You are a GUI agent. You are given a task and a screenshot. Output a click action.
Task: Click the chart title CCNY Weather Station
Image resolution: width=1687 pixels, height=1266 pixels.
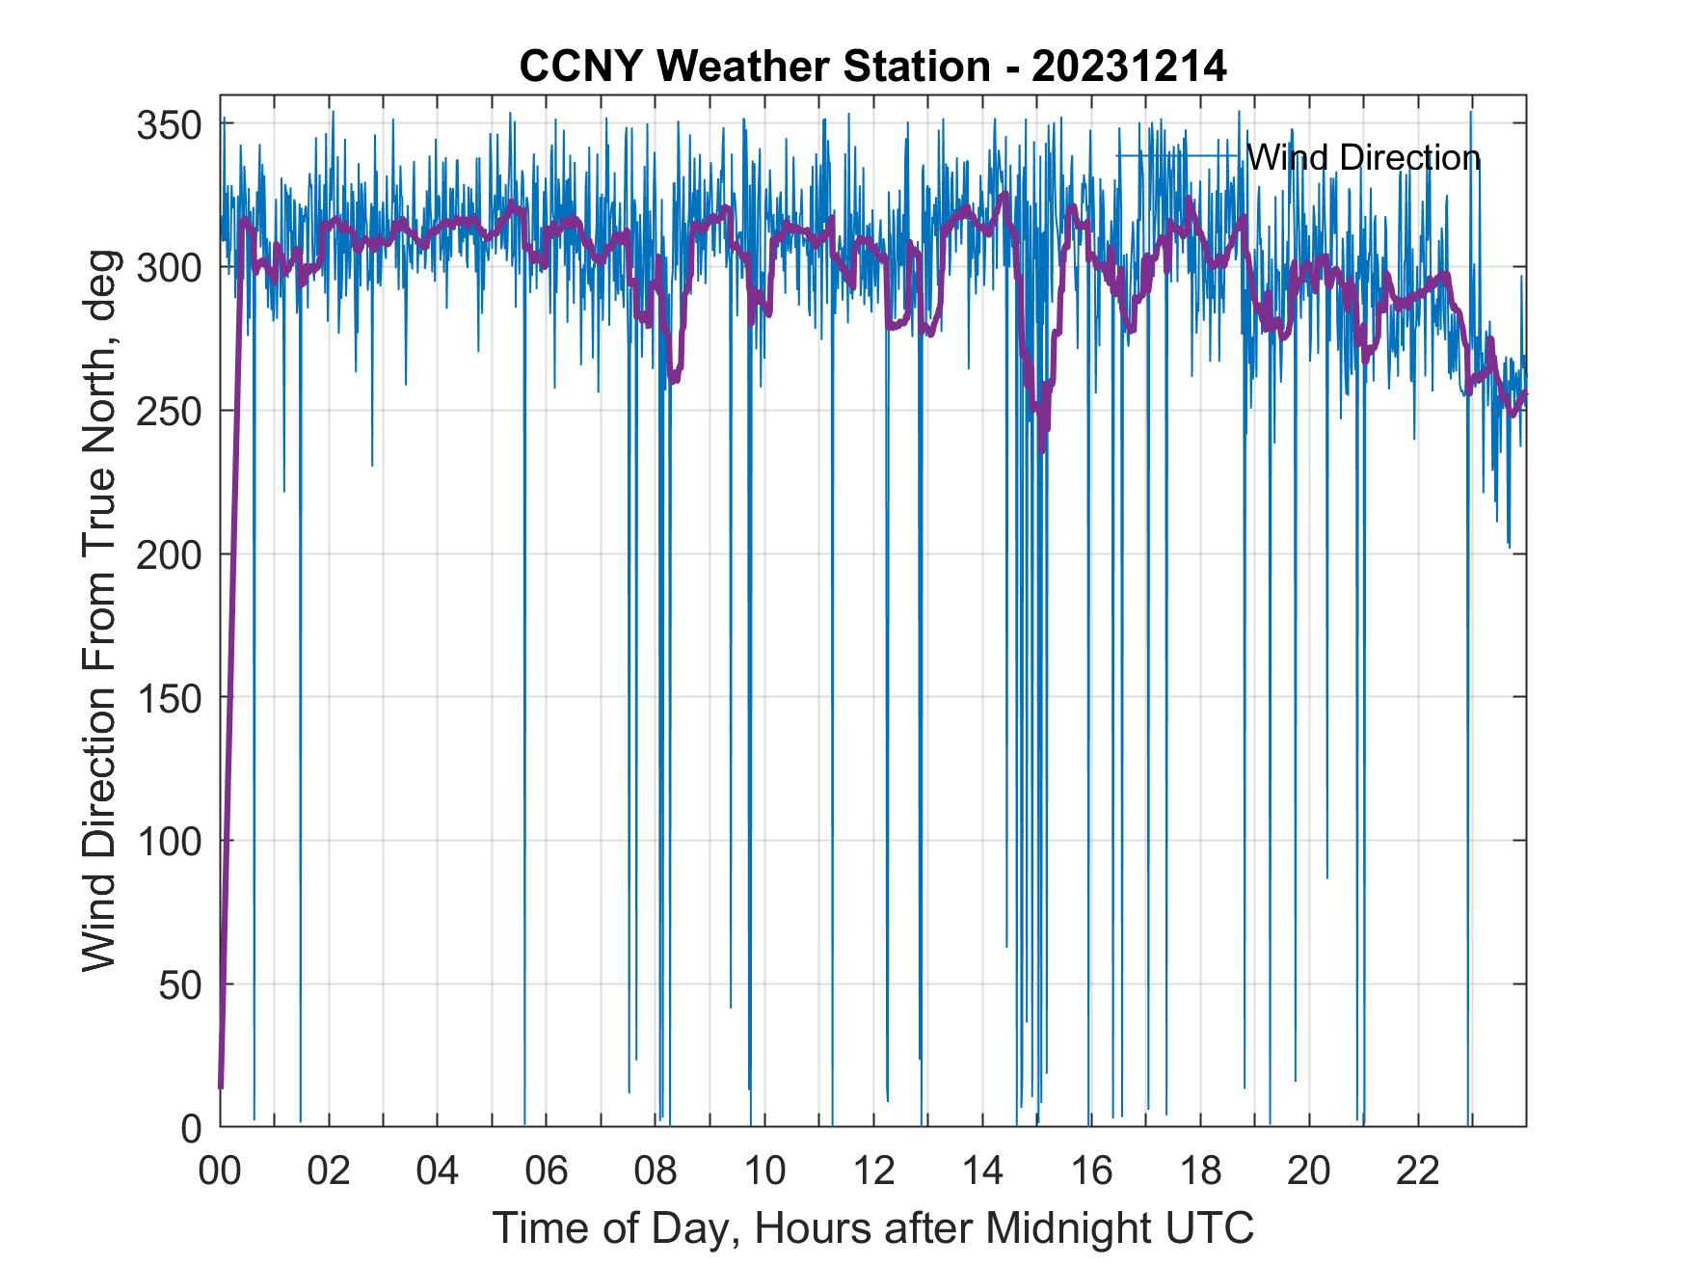pos(755,67)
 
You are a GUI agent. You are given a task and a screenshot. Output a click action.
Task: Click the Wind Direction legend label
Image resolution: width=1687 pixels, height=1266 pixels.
pos(1363,157)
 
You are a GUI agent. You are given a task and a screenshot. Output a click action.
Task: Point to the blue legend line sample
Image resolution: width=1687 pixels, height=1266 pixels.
pos(1177,155)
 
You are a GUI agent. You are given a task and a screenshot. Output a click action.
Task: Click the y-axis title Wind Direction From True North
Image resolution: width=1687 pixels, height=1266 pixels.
pos(99,610)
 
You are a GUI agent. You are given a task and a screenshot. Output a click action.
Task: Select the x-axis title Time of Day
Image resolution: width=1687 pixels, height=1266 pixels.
pos(873,1228)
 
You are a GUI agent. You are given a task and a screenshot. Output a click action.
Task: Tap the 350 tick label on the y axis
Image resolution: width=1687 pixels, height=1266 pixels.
pos(169,125)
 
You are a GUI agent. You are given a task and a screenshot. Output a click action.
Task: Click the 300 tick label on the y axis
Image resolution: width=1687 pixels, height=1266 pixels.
pos(169,268)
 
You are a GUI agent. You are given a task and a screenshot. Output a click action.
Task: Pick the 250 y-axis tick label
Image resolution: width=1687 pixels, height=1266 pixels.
pos(169,412)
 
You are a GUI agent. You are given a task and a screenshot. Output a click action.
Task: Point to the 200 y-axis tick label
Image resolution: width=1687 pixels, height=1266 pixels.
pos(169,555)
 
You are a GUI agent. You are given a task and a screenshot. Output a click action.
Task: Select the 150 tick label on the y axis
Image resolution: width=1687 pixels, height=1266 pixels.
pos(169,698)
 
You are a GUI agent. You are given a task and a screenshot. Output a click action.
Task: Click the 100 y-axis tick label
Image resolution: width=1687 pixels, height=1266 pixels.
pos(169,842)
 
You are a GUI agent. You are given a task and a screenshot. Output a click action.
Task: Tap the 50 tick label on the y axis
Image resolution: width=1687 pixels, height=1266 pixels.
pos(180,985)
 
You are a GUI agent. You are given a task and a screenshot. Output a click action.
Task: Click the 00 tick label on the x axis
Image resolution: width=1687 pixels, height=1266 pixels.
pos(220,1172)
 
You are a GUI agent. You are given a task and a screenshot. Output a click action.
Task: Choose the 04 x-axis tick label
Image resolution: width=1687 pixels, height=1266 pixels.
pos(438,1172)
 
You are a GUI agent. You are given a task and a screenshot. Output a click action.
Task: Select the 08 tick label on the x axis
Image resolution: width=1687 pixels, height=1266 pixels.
pos(656,1172)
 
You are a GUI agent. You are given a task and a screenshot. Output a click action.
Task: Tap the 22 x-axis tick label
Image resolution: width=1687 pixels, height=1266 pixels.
pos(1418,1172)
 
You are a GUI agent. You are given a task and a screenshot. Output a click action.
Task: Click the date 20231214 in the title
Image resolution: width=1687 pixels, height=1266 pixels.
pos(1129,67)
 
